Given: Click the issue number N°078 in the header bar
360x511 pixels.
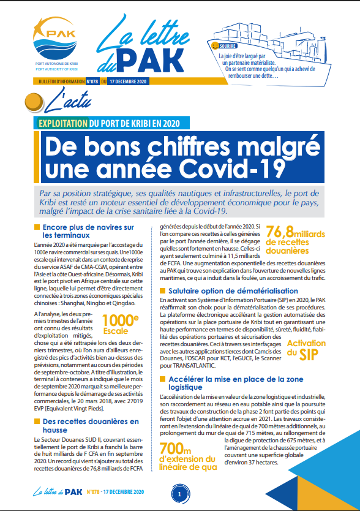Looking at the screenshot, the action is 92,81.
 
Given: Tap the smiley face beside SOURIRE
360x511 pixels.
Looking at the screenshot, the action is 214,46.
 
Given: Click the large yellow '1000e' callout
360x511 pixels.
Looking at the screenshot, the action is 121,321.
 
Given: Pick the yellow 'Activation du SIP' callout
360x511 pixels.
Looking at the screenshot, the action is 307,348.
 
